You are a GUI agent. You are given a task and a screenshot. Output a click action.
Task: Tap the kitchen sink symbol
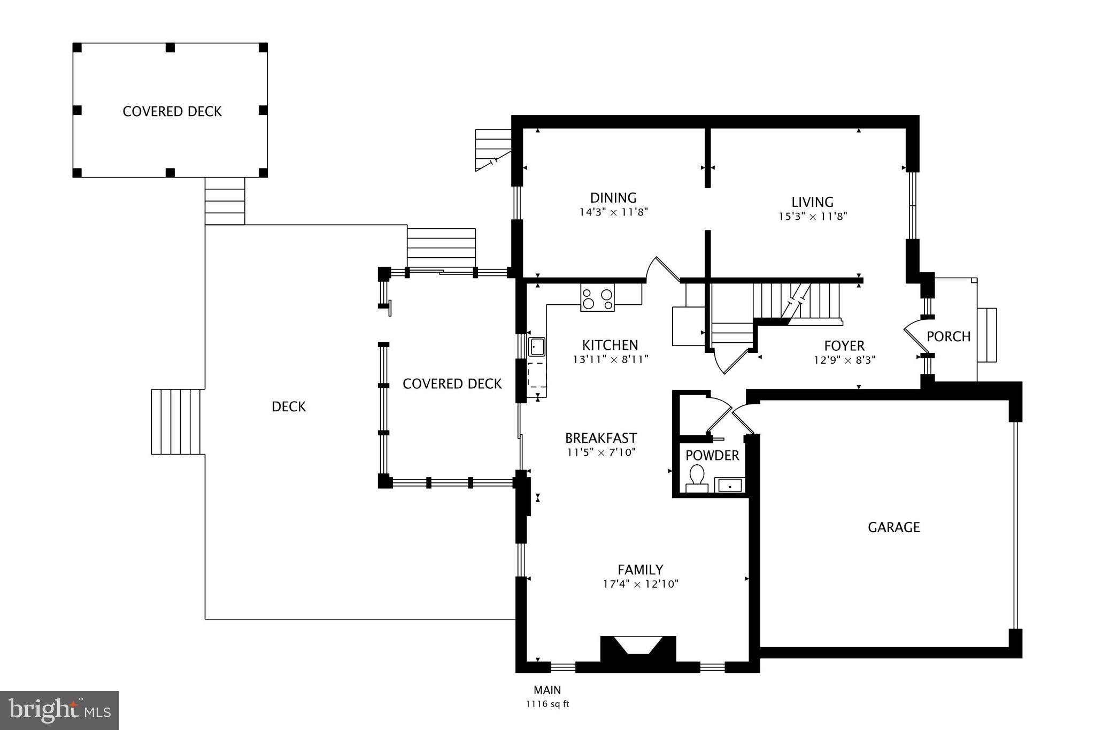tap(536, 347)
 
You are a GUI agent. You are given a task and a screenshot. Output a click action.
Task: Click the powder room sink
tap(730, 486)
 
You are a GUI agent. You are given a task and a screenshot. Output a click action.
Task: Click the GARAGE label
tap(893, 527)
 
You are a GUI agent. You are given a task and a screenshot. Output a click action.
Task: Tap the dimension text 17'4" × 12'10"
tap(641, 584)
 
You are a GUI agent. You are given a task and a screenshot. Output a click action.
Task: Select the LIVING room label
tap(812, 202)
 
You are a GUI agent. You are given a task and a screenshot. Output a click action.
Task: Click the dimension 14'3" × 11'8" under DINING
tap(613, 212)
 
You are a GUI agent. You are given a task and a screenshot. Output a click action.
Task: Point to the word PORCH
tap(948, 336)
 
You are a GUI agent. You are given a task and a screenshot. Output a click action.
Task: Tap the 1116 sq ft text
tap(547, 704)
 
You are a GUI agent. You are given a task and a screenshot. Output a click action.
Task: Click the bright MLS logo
tap(59, 710)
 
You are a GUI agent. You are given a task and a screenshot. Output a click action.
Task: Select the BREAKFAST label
tap(601, 438)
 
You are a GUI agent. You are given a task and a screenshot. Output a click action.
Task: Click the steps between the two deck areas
tap(225, 201)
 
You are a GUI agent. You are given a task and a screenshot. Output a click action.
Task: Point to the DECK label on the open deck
tap(289, 407)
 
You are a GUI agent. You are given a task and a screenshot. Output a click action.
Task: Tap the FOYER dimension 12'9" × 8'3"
tap(844, 360)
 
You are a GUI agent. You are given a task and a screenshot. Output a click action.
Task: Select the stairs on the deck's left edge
tap(177, 421)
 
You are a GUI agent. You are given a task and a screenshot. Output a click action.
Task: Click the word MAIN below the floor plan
tap(547, 690)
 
